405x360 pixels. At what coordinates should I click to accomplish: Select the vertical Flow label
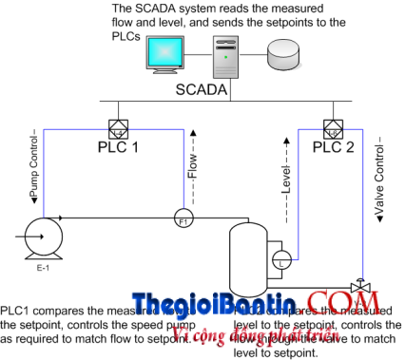click(x=190, y=163)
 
